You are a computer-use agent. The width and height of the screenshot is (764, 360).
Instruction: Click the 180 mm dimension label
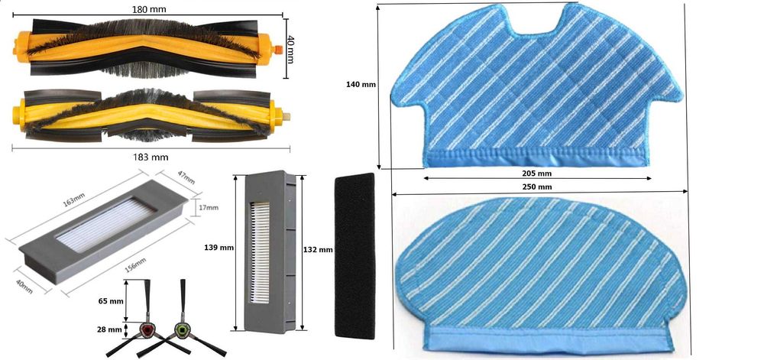coord(148,8)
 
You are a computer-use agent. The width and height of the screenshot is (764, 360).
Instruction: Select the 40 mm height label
coord(291,49)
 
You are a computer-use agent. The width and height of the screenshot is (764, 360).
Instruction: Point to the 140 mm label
coord(361,84)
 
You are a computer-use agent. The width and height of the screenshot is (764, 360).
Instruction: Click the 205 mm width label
coord(536,174)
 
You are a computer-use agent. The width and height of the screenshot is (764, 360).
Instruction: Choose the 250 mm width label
coord(537,187)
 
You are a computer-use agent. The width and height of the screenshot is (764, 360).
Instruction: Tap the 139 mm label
coord(219,248)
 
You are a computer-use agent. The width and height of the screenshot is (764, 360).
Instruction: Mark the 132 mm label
coord(318,249)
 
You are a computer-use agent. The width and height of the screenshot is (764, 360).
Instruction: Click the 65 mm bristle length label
coord(110,301)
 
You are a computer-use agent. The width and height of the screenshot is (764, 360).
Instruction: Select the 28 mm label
coord(109,329)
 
